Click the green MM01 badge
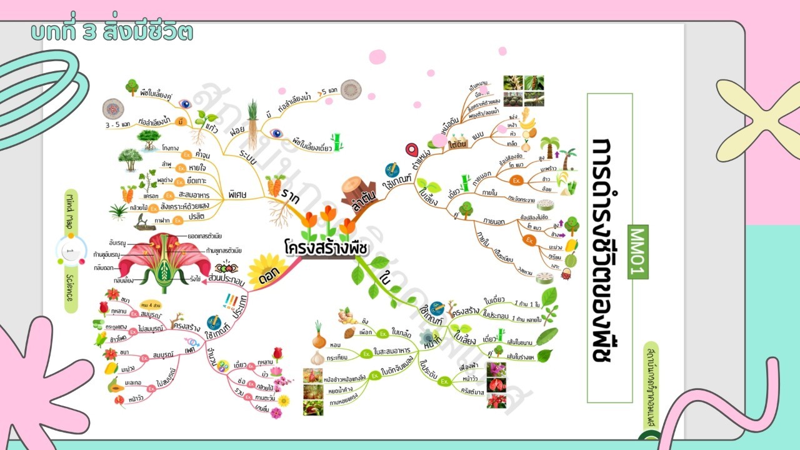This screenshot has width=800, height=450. click(x=639, y=251)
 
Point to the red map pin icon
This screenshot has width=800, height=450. click(x=411, y=151)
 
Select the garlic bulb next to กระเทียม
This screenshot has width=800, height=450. click(x=318, y=358)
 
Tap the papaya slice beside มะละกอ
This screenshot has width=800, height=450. click(x=115, y=384)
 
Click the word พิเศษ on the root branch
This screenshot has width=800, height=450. click(x=237, y=194)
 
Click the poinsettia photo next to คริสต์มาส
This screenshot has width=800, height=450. click(x=496, y=401)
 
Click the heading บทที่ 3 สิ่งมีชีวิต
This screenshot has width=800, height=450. click(x=112, y=32)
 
